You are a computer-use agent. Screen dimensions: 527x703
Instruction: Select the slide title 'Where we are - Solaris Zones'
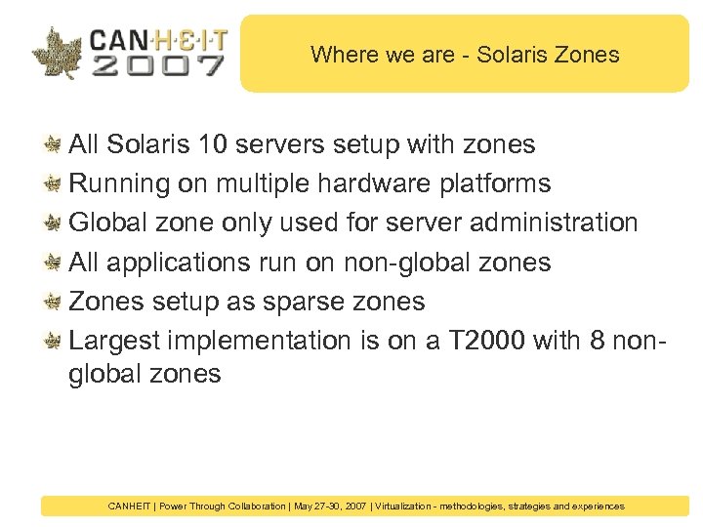[x=465, y=55]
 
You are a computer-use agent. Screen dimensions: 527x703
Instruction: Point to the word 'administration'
[x=554, y=223]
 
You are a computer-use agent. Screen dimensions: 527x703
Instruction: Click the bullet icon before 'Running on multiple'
[x=55, y=183]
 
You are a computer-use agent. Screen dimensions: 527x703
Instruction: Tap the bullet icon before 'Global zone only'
[x=55, y=223]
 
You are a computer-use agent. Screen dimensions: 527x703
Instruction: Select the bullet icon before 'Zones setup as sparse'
[x=55, y=301]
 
